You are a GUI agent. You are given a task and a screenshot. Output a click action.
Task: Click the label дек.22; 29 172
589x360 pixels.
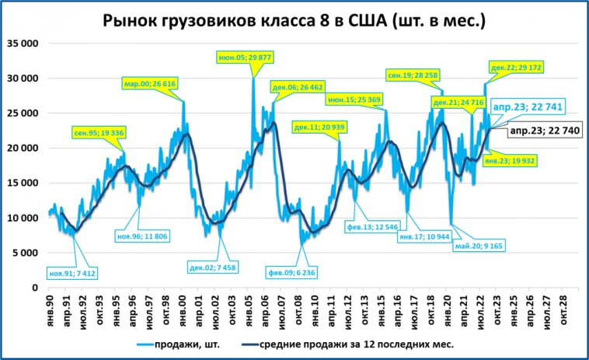pyautogui.click(x=516, y=68)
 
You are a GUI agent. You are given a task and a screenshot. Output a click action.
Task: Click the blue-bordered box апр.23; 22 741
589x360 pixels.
pyautogui.click(x=528, y=106)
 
